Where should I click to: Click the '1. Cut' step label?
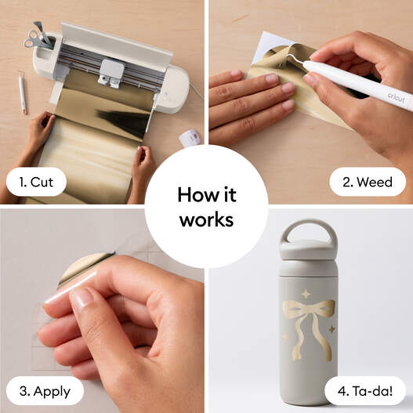pos(36,182)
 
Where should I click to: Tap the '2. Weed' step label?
pos(368,182)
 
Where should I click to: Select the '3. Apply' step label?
pos(45,391)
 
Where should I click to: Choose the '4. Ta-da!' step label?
pos(365,391)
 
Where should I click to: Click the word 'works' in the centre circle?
pos(207,219)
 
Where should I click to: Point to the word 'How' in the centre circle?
pos(194,195)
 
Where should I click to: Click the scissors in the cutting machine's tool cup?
pos(37,39)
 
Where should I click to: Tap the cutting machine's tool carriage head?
pos(111,73)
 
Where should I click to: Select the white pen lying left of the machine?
pos(22,92)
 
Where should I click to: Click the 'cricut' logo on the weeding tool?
pos(396,98)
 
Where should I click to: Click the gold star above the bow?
pos(306,294)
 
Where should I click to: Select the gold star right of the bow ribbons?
pos(332,329)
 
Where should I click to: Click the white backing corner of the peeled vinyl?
pos(269,47)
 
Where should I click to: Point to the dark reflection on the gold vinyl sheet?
pos(124,121)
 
